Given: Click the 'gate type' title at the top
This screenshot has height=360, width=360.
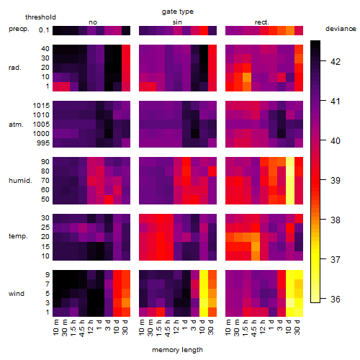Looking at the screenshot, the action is click(x=178, y=12).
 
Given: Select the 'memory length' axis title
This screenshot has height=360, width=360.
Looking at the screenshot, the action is click(x=177, y=350).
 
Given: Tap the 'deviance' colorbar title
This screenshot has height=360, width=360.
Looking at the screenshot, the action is click(x=341, y=29).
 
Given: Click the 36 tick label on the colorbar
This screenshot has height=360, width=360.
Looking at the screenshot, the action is click(x=336, y=299).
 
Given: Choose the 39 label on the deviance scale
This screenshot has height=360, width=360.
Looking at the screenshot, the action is click(x=336, y=180).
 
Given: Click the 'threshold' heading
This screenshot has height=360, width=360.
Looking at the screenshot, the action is click(x=40, y=17).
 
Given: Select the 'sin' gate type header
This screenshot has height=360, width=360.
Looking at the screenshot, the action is click(x=177, y=22).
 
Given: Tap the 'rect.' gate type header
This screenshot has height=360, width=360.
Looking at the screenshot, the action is click(x=261, y=22).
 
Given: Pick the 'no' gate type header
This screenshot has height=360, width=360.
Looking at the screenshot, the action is click(x=93, y=22).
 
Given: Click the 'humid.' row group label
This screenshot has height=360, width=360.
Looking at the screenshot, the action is click(x=20, y=180).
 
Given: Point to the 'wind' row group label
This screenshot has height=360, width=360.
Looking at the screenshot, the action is click(x=17, y=294).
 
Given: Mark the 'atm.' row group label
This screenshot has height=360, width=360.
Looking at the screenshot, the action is click(x=16, y=125).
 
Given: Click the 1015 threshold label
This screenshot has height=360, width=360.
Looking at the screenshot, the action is click(x=41, y=106).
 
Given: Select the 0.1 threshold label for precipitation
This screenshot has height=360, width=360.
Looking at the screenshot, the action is click(x=44, y=30).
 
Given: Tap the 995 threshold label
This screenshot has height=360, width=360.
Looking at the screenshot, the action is click(x=43, y=143).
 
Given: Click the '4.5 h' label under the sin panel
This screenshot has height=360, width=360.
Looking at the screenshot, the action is click(x=168, y=328).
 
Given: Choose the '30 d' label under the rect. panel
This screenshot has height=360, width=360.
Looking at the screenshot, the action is click(x=297, y=327).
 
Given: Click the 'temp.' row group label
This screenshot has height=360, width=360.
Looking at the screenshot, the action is click(x=18, y=236).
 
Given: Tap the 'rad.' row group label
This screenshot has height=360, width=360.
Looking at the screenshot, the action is click(x=15, y=68).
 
